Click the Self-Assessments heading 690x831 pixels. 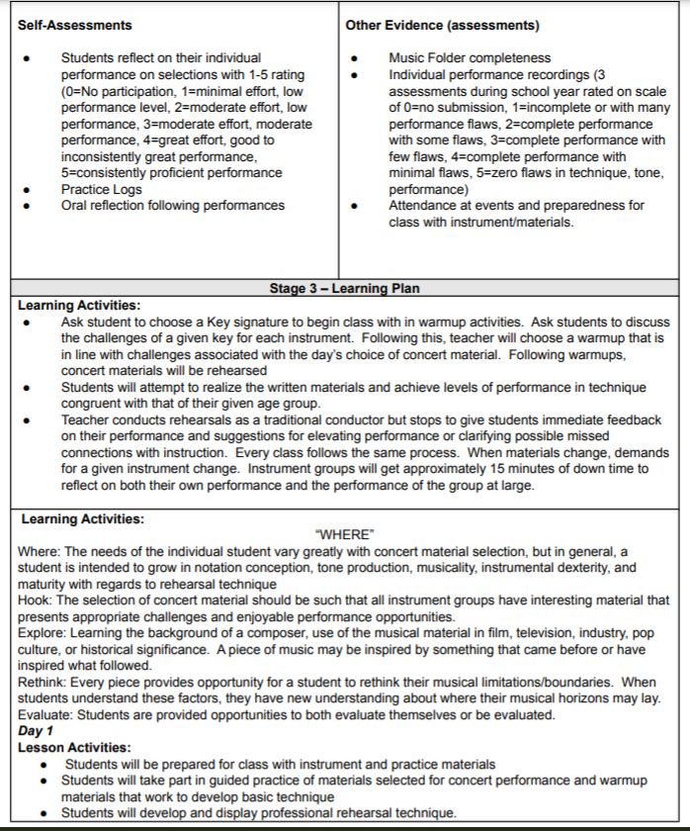[75, 25]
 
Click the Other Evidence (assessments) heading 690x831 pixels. [433, 25]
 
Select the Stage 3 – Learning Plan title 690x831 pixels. [344, 289]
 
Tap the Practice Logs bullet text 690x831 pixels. [101, 189]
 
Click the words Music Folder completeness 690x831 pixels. [470, 58]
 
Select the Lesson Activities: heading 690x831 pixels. [74, 748]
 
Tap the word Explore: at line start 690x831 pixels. [42, 634]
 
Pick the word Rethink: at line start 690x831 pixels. [43, 684]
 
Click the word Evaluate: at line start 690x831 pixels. [45, 715]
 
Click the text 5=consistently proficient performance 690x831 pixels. [171, 173]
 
